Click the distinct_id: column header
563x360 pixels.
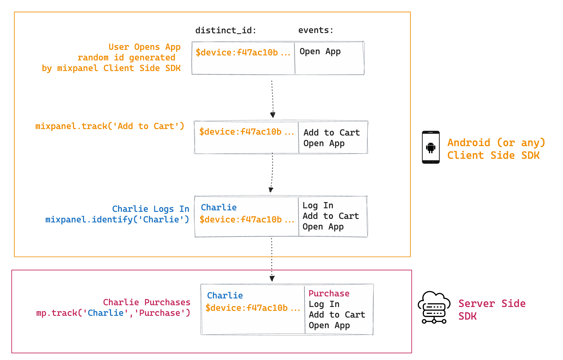tap(226, 30)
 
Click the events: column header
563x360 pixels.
tap(316, 30)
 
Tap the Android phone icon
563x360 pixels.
tap(431, 147)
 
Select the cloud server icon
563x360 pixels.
tap(434, 307)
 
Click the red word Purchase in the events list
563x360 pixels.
tap(329, 293)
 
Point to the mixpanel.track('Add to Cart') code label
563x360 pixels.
tap(110, 126)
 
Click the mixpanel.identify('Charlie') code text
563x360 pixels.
tap(117, 219)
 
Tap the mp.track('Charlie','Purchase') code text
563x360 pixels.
tap(113, 313)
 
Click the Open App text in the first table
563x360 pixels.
tap(320, 52)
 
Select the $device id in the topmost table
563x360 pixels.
tap(243, 52)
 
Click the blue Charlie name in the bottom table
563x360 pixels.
tap(225, 295)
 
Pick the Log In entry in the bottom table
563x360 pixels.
tap(324, 304)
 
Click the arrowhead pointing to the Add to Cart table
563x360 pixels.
tap(273, 115)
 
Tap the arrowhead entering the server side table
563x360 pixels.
tap(272, 278)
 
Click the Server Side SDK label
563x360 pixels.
tap(492, 310)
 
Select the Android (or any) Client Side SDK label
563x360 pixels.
tap(496, 149)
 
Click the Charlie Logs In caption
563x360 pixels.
tap(151, 209)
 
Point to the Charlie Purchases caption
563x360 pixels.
tap(147, 302)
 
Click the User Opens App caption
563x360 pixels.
tap(144, 47)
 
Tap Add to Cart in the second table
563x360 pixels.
tap(332, 133)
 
